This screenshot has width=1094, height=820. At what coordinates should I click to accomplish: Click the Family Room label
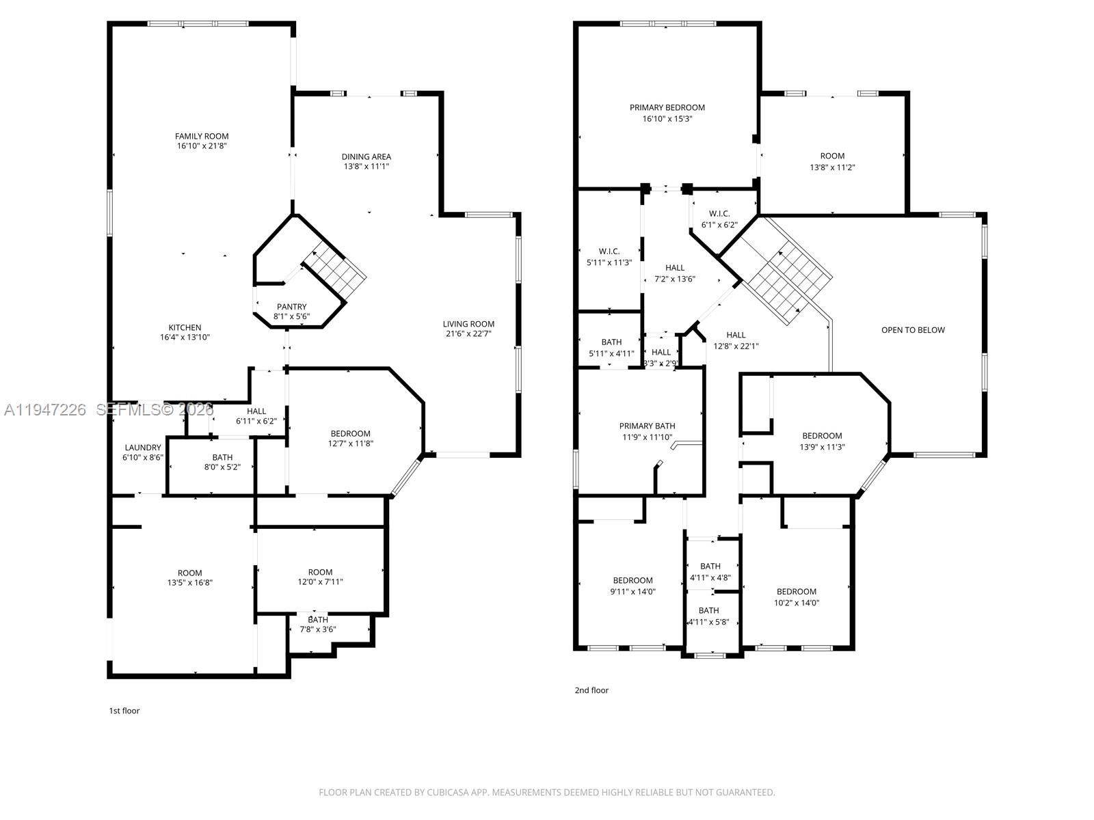[202, 137]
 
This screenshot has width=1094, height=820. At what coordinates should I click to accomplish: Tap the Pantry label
[291, 307]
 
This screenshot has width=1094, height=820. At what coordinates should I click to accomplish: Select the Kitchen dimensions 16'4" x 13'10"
[185, 338]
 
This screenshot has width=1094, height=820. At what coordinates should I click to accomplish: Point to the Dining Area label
[366, 157]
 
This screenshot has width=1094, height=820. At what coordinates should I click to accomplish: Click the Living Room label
[468, 324]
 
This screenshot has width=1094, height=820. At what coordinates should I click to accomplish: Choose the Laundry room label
[143, 448]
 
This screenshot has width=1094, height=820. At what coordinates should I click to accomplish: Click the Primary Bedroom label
[667, 108]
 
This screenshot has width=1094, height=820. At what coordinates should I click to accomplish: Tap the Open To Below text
[913, 330]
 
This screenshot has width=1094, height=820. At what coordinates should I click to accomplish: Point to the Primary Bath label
[647, 426]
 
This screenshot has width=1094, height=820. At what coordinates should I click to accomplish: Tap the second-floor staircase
[786, 277]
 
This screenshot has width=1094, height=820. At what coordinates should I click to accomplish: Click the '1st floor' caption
[124, 711]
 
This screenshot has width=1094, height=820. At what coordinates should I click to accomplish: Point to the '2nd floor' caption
[591, 690]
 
